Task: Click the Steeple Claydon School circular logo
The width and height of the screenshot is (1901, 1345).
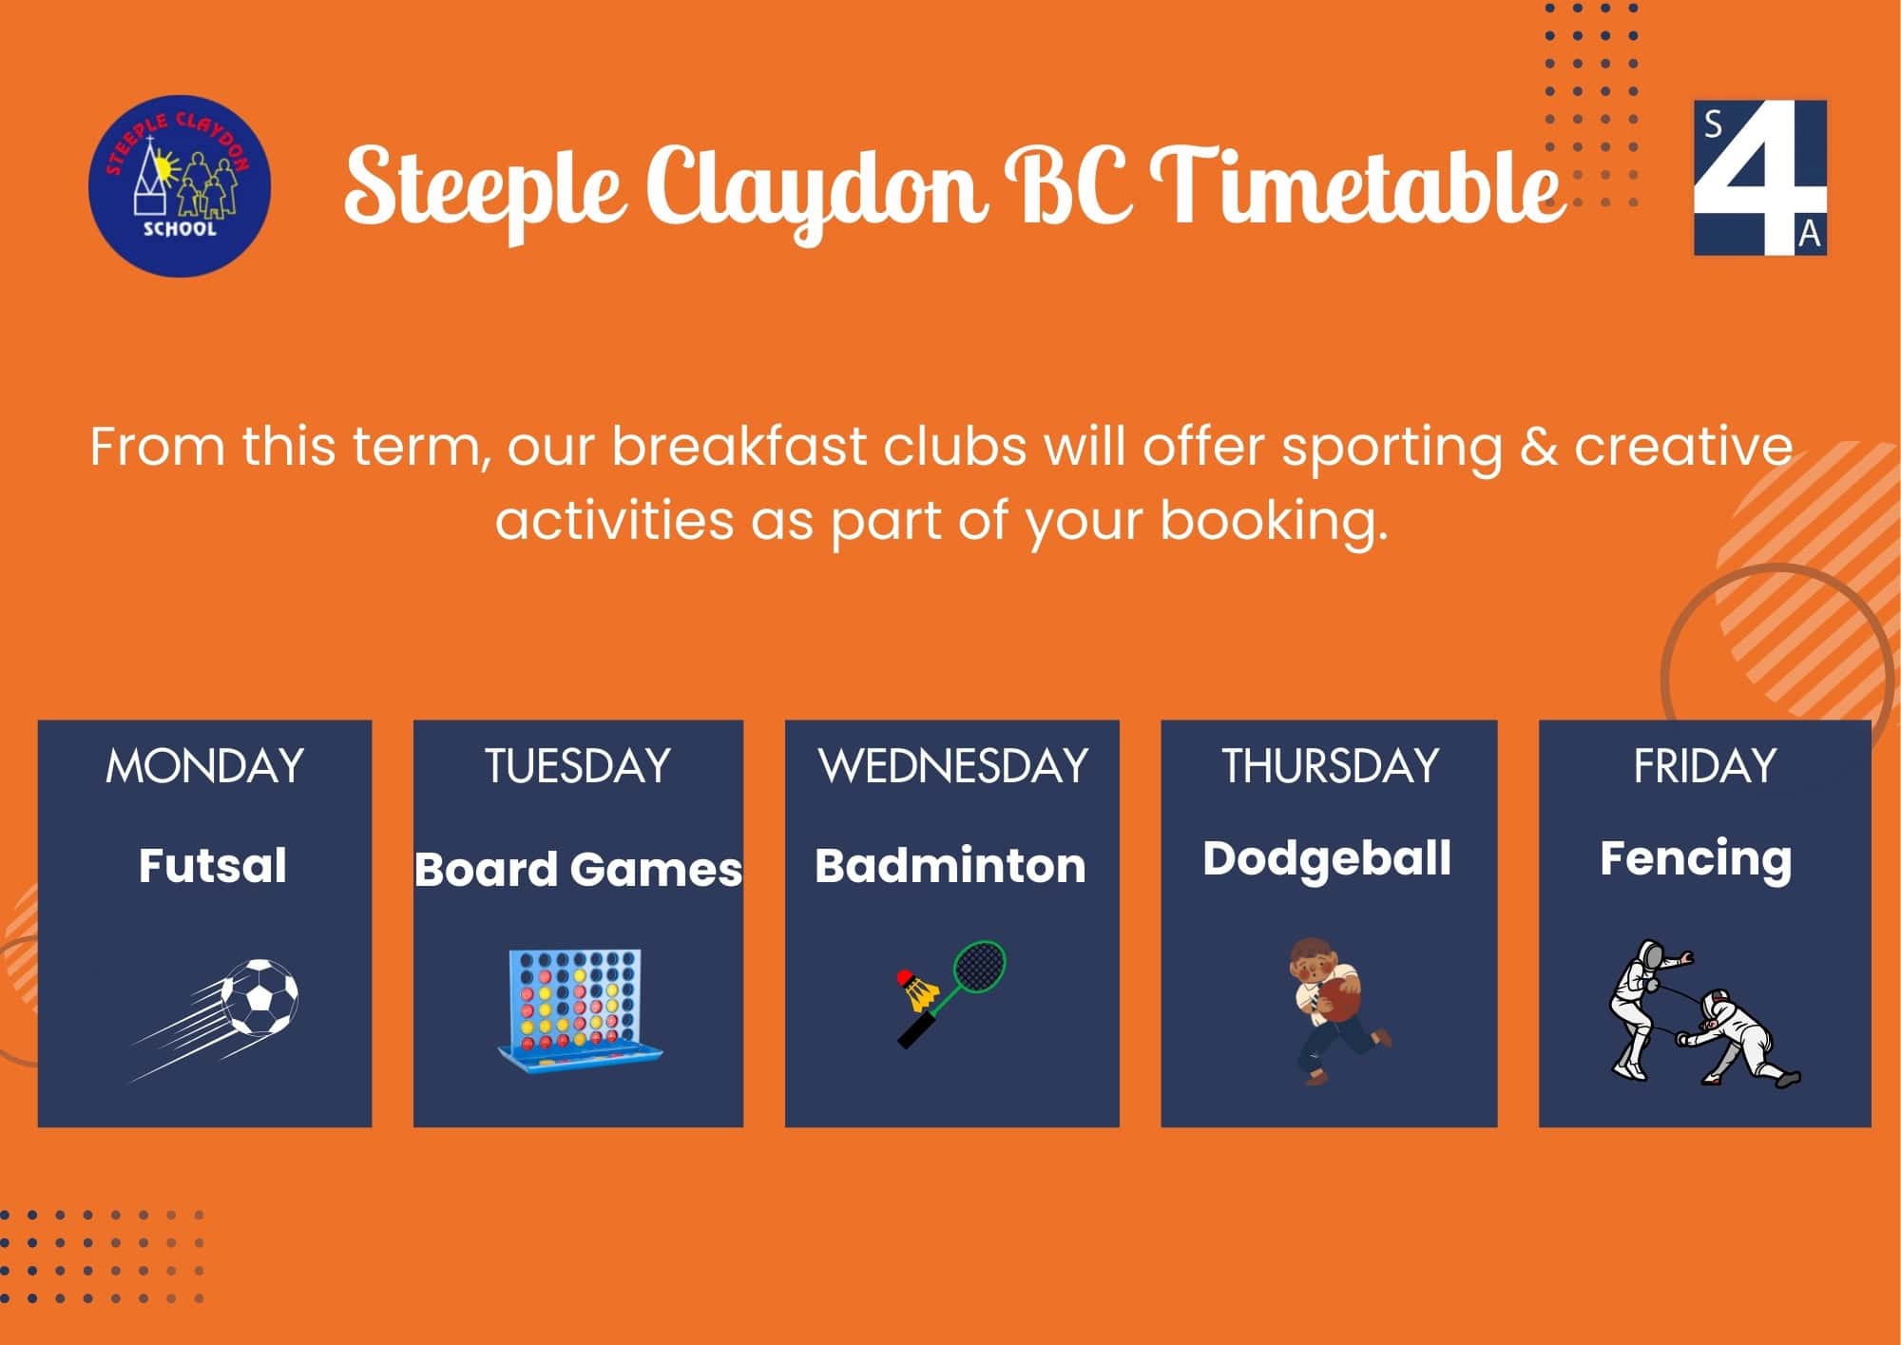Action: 180,185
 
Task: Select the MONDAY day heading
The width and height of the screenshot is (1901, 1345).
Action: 204,766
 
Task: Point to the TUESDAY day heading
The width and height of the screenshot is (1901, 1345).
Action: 578,766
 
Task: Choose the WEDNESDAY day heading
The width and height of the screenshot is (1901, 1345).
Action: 952,766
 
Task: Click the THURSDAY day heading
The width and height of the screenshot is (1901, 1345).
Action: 1330,766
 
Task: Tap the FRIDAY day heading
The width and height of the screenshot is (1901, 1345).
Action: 1704,766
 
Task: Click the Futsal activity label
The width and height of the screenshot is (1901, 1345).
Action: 212,866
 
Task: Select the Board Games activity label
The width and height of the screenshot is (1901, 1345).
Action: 578,869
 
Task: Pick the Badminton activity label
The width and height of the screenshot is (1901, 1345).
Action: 950,866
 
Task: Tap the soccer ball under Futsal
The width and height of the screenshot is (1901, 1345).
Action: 259,997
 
